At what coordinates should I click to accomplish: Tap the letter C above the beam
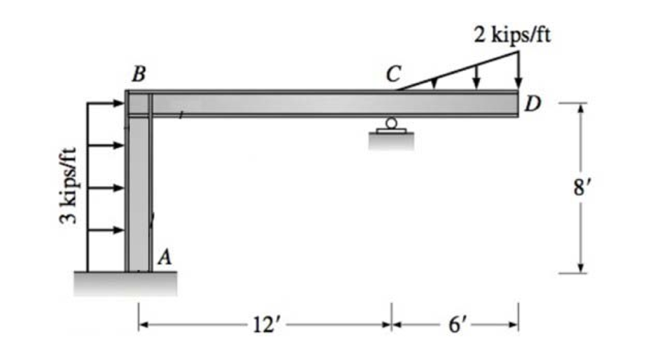click(x=392, y=75)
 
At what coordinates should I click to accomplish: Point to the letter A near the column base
click(x=165, y=258)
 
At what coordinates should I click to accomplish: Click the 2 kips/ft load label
click(x=512, y=34)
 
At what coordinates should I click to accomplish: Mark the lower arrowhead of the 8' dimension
click(x=581, y=268)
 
